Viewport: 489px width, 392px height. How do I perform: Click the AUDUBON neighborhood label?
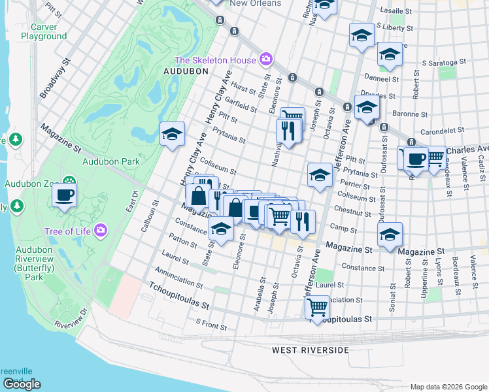[186, 71]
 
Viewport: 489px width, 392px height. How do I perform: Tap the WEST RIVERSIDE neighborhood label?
[311, 351]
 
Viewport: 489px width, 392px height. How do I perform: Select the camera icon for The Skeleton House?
[265, 60]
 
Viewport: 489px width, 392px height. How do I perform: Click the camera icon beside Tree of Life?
[100, 230]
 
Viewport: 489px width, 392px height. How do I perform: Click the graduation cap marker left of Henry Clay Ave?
[172, 135]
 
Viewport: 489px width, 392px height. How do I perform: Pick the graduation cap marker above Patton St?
[221, 229]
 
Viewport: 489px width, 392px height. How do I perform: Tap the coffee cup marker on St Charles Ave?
[416, 159]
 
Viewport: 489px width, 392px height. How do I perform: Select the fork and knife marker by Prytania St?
[287, 130]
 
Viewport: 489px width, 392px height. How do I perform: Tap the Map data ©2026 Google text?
[448, 387]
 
